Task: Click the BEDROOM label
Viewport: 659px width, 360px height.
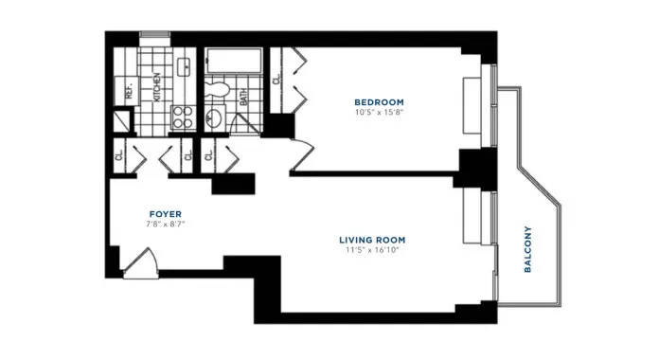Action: pos(379,102)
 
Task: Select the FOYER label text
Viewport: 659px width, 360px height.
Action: pos(165,214)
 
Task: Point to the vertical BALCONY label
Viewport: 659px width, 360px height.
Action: pos(528,249)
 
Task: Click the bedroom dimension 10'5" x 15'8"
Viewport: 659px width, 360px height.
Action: pos(379,113)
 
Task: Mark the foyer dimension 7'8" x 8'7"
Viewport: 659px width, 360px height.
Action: pos(165,225)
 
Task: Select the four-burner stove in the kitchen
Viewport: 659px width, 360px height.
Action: pos(182,118)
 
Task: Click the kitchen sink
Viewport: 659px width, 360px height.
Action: pos(184,68)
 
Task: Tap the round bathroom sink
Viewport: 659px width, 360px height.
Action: pos(216,119)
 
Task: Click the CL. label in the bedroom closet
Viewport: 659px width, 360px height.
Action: pos(276,81)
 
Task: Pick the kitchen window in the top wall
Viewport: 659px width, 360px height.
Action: pos(154,37)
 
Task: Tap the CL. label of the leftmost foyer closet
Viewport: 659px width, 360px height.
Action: pos(118,153)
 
